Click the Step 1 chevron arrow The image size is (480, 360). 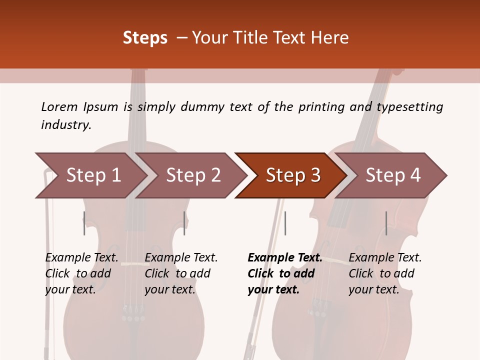pos(93,175)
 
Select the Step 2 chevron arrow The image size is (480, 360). pos(193,175)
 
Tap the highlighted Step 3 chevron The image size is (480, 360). pos(293,175)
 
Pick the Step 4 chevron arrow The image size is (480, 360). pos(393,175)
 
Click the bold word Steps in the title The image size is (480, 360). pos(145,38)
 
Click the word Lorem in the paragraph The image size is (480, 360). pos(59,106)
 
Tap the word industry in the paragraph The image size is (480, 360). pos(65,124)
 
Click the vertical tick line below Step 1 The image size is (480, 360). pos(84,223)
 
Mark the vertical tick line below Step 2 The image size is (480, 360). pos(184,223)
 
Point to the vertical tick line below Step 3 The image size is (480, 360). pos(285,223)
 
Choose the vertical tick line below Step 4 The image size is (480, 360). pos(386,223)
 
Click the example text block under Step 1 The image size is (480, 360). pos(81,273)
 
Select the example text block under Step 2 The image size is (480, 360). pos(181,273)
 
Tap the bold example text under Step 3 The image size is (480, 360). pos(284,273)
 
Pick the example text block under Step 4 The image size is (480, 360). pos(385,273)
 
